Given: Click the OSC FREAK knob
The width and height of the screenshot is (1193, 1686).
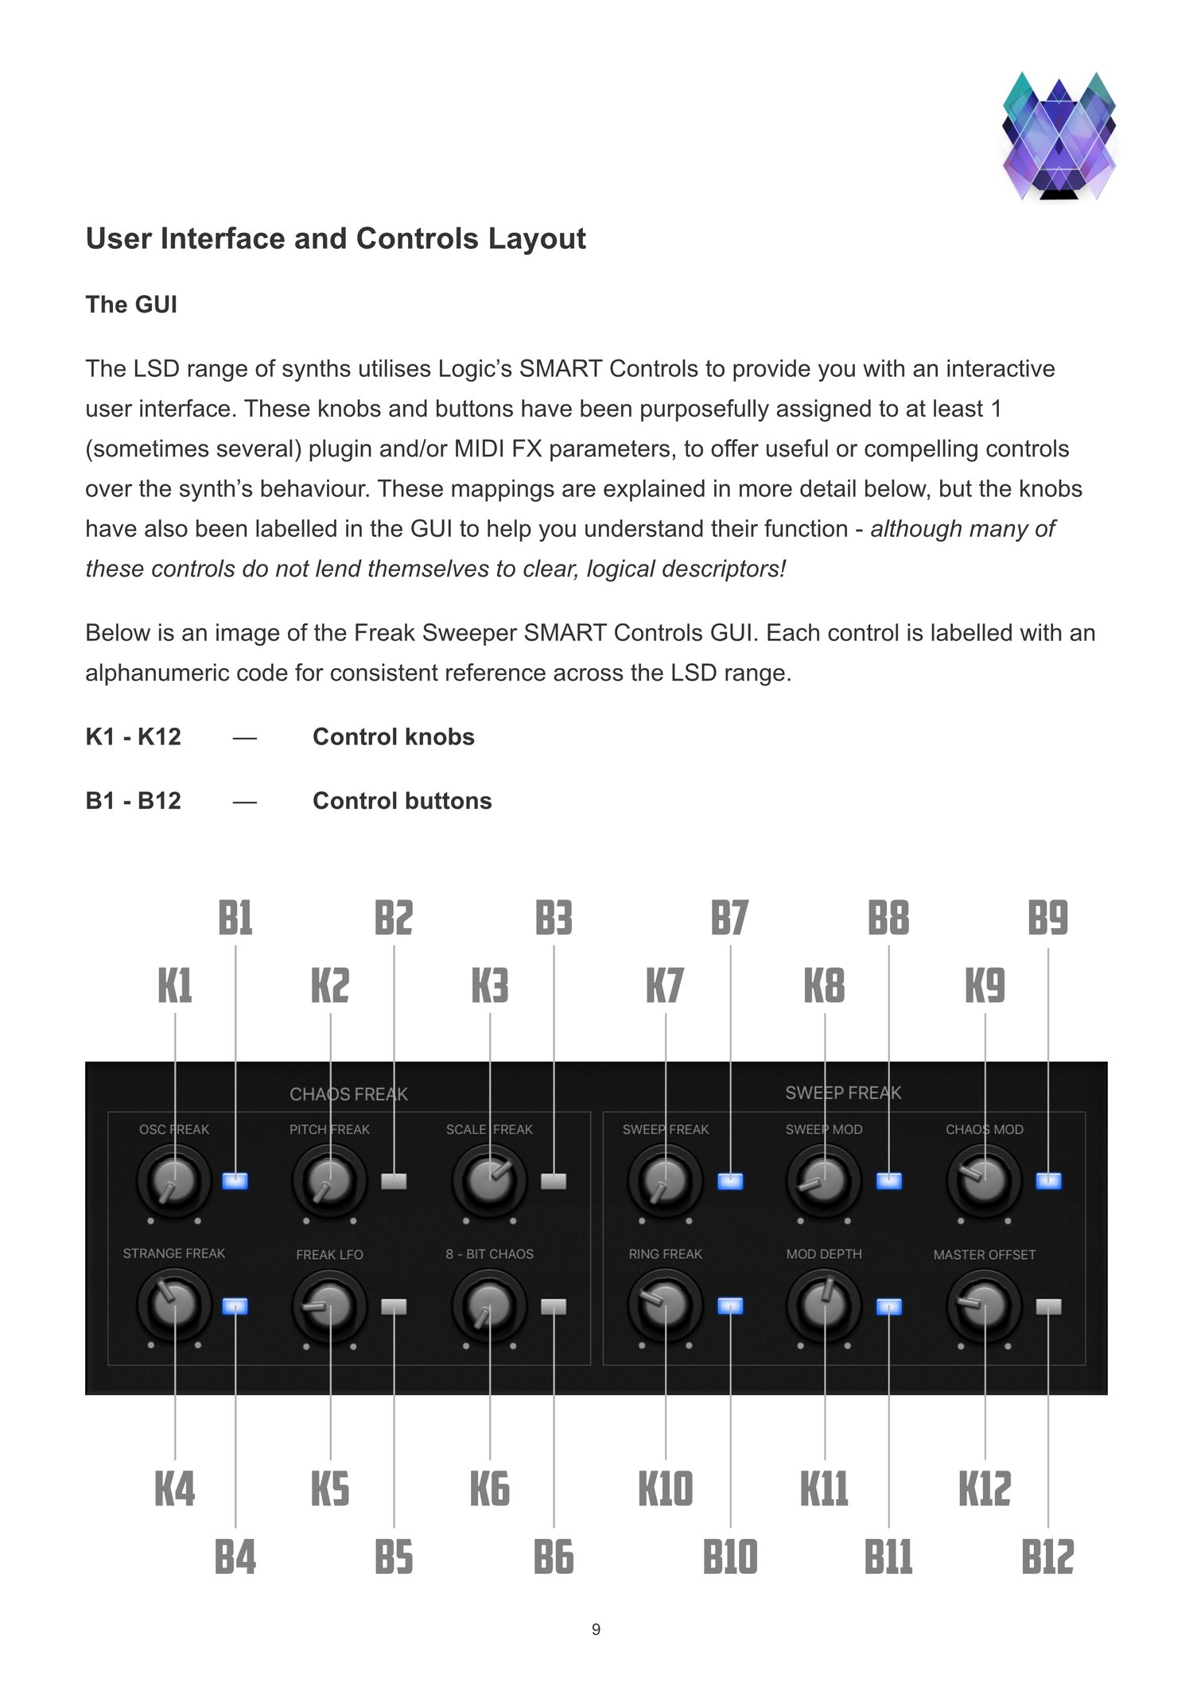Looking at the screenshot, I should pyautogui.click(x=174, y=1181).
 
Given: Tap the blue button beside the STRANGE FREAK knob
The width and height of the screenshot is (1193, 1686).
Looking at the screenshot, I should pyautogui.click(x=235, y=1307).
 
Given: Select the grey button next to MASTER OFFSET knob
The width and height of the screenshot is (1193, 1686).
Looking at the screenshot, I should pyautogui.click(x=1048, y=1307).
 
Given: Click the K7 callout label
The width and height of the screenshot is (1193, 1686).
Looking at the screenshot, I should pyautogui.click(x=665, y=986).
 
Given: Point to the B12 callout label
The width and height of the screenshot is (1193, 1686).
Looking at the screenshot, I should pyautogui.click(x=1047, y=1557).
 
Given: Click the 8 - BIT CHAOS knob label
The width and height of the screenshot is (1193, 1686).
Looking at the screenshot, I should pyautogui.click(x=489, y=1254).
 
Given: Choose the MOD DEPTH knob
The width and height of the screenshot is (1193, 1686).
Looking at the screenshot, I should pyautogui.click(x=825, y=1306).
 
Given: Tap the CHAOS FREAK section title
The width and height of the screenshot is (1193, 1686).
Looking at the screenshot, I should pyautogui.click(x=348, y=1094).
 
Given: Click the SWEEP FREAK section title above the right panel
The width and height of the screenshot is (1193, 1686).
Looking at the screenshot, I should pyautogui.click(x=843, y=1093).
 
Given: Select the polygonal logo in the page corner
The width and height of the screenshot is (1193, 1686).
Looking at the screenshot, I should pyautogui.click(x=1059, y=136).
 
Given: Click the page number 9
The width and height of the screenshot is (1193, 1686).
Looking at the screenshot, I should pyautogui.click(x=596, y=1630).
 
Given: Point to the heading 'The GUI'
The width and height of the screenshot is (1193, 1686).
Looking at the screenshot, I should pyautogui.click(x=131, y=305).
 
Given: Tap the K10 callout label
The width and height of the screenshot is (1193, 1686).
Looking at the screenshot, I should pyautogui.click(x=666, y=1489).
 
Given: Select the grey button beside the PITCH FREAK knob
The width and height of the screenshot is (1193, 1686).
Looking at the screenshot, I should pyautogui.click(x=394, y=1181).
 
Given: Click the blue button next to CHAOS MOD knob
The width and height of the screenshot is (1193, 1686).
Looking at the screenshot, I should pyautogui.click(x=1048, y=1181).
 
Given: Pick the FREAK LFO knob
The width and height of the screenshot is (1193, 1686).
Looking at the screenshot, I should pyautogui.click(x=330, y=1306).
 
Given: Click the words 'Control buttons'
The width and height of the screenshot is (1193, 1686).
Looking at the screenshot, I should pyautogui.click(x=402, y=801).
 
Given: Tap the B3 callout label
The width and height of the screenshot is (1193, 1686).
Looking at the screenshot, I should pyautogui.click(x=554, y=919).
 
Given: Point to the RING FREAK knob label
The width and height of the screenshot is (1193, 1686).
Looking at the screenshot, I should pyautogui.click(x=665, y=1254).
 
